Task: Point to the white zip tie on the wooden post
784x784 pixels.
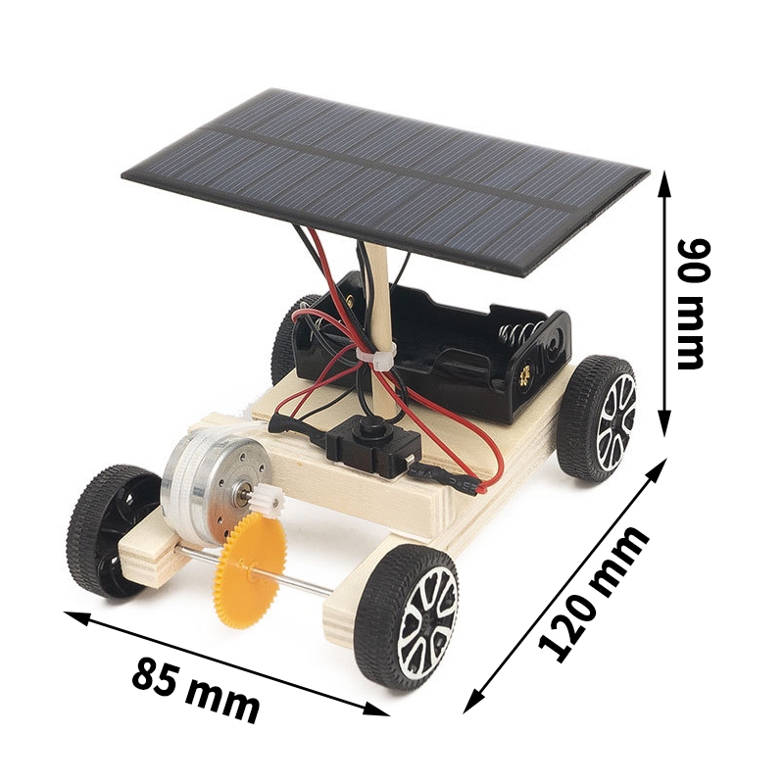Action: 375,359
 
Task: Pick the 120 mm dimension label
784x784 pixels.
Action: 594,593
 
